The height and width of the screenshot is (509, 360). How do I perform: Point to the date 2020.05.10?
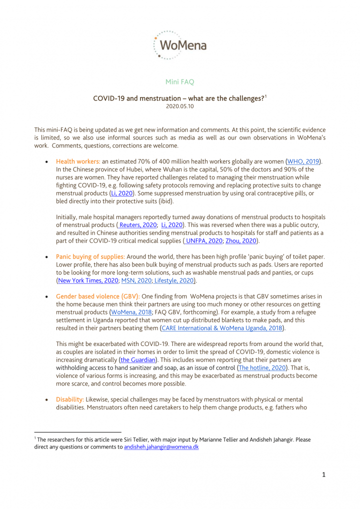179,106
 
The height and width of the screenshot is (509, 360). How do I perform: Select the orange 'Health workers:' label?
78,161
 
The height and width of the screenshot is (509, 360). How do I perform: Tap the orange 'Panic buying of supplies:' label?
90,256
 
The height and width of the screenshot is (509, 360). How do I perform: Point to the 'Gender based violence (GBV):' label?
98,296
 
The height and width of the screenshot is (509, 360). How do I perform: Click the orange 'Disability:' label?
69,399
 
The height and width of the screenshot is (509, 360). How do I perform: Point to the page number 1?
323,474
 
